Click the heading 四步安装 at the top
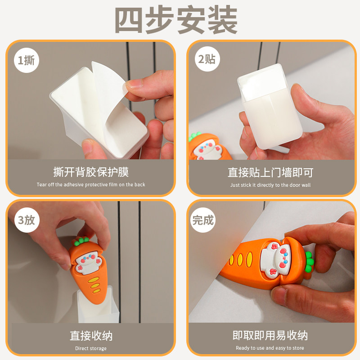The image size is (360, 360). pos(176,20)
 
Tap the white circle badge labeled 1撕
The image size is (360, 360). pos(27,60)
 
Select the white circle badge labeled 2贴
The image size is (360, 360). pos(207,59)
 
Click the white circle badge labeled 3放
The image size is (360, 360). pos(27,220)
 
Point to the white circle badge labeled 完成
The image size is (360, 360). pos(203,220)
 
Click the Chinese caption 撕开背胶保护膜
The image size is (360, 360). pos(91,172)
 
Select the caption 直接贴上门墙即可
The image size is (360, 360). pos(270,172)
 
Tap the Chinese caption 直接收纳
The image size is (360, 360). pos(91,336)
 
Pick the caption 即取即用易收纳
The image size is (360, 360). pos(270,335)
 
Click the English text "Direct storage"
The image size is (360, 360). pos(91,348)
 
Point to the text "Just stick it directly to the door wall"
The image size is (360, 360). pos(270,185)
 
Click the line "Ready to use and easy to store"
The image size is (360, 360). pos(270,348)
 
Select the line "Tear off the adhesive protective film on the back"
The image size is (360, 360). pos(91,184)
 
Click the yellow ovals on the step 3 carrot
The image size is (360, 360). pos(94,285)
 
